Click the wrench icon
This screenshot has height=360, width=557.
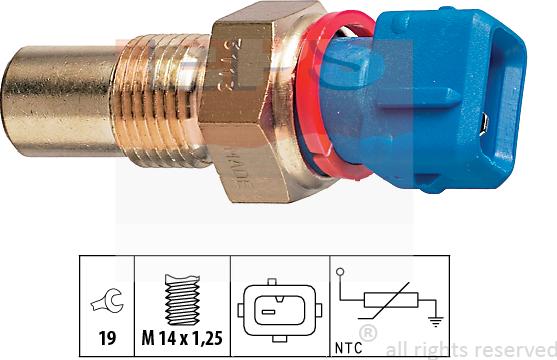coord(106,296)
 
